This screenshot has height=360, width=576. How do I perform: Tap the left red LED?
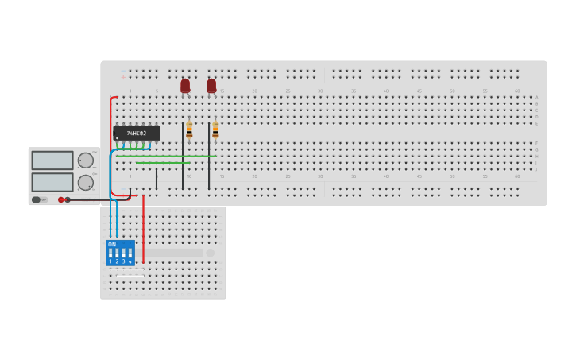click(x=185, y=85)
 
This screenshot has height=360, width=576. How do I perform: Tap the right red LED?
click(x=211, y=85)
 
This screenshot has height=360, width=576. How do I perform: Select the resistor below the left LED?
click(x=189, y=130)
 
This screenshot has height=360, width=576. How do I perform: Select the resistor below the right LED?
click(x=215, y=130)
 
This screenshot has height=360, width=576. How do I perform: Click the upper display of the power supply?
click(x=52, y=161)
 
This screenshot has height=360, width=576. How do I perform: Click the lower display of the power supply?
click(x=52, y=182)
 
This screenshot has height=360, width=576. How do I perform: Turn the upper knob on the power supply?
click(x=85, y=161)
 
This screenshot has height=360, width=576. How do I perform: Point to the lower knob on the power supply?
click(x=85, y=183)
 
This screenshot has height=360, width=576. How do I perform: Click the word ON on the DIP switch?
click(x=112, y=245)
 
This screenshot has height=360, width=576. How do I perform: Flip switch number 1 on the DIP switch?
click(x=110, y=254)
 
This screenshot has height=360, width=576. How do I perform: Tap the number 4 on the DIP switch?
click(x=130, y=261)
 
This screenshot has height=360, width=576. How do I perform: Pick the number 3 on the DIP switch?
click(x=124, y=261)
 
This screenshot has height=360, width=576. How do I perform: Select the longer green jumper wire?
click(x=167, y=156)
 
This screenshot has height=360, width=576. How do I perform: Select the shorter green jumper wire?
click(x=163, y=162)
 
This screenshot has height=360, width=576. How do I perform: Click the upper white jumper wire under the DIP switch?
click(x=127, y=270)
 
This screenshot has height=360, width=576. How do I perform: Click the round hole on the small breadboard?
click(x=211, y=253)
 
